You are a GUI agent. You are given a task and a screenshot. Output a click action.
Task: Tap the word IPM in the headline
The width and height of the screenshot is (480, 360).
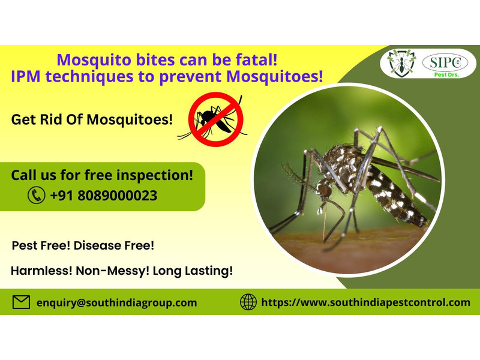(x=26, y=77)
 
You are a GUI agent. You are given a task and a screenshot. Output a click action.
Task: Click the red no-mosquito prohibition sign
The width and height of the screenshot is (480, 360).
(x=215, y=119)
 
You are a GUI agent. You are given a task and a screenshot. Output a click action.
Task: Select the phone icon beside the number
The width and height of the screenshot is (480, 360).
(x=37, y=196)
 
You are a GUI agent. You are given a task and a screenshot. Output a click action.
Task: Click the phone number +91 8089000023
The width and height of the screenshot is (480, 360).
(x=103, y=196)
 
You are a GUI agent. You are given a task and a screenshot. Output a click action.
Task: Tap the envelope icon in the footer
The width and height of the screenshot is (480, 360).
(x=21, y=302)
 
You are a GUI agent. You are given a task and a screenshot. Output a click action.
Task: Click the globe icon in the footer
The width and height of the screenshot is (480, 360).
(x=248, y=302)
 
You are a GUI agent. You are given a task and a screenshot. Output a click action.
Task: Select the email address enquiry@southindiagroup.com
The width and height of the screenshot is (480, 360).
(x=116, y=303)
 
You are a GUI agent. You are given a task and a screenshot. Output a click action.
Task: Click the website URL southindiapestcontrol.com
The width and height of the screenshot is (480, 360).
(x=366, y=302)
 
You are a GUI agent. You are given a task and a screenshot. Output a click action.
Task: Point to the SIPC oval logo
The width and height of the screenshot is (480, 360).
(x=445, y=62)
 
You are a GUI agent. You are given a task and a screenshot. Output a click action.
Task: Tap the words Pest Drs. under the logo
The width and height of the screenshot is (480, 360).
(x=446, y=74)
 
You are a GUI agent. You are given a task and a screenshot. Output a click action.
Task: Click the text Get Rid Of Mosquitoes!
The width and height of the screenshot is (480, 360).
(x=92, y=119)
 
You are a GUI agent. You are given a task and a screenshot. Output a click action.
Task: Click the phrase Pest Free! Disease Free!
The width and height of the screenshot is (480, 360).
(x=83, y=245)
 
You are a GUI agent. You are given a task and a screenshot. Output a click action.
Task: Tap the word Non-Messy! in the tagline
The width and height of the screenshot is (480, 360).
(x=112, y=271)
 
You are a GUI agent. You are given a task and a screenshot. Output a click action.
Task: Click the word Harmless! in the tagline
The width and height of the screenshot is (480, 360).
(x=41, y=271)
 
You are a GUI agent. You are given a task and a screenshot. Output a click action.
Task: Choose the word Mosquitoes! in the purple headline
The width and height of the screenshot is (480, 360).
(x=275, y=77)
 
